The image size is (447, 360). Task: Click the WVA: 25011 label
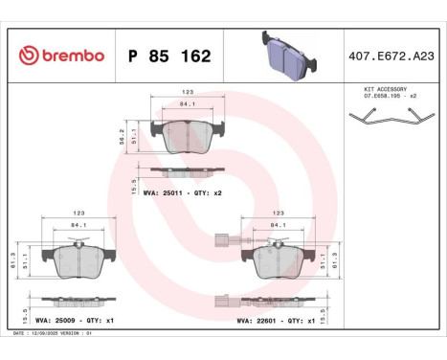tap(163, 193)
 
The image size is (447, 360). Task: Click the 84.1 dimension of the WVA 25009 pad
tap(78, 227)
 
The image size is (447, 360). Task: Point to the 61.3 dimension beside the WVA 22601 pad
tap(337, 260)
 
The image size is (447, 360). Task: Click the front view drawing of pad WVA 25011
tap(187, 136)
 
